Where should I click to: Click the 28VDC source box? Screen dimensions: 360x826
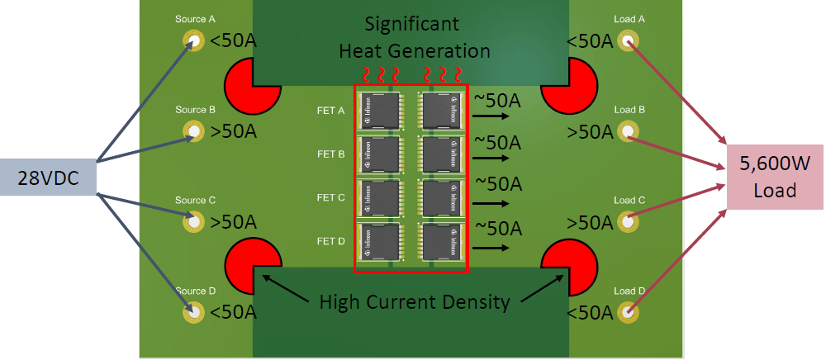click(48, 177)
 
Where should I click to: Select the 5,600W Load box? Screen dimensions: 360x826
click(774, 177)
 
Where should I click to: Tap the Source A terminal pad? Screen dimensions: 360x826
click(193, 40)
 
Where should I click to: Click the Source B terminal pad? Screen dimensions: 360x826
click(193, 131)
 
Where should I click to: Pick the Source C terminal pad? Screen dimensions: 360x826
click(193, 221)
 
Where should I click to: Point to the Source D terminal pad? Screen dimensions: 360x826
click(193, 312)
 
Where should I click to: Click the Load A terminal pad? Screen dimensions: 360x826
click(629, 40)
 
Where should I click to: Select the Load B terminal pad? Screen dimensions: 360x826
click(629, 131)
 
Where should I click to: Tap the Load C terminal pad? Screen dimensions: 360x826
click(629, 221)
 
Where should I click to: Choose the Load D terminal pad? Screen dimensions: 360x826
click(629, 312)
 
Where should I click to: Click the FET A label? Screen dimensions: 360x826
click(330, 110)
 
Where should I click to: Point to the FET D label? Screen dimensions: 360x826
click(330, 241)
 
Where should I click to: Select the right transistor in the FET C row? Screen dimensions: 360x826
click(444, 197)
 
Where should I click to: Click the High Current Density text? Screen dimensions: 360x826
click(415, 302)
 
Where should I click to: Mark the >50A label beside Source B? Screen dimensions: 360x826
click(233, 131)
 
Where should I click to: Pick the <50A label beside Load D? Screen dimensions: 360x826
click(590, 312)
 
